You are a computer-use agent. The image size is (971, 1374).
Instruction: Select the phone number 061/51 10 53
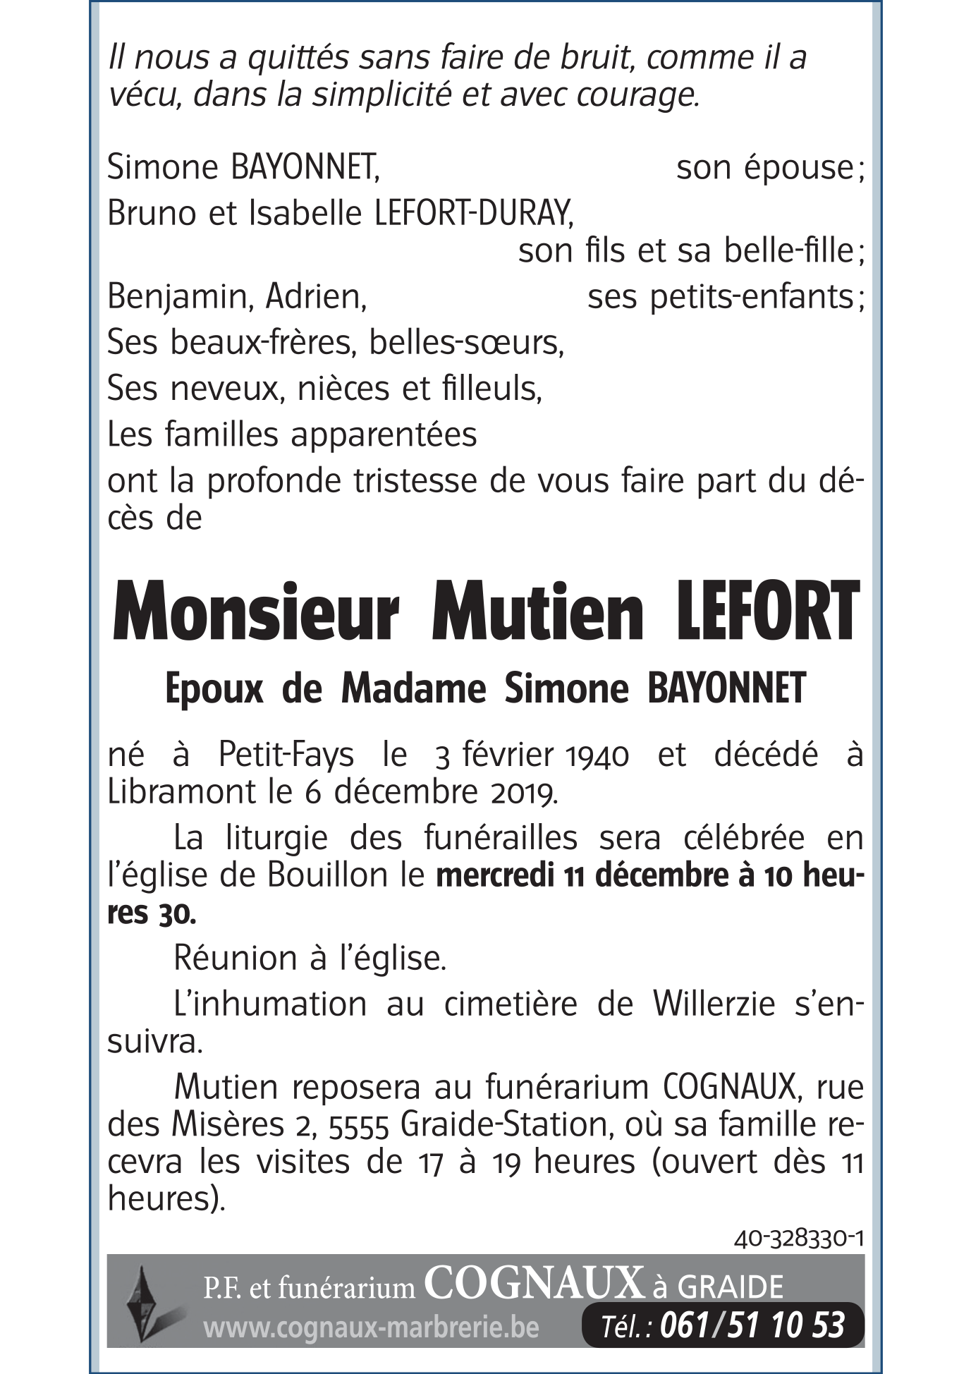(752, 1325)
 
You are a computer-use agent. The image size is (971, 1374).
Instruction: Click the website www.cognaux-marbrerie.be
(371, 1328)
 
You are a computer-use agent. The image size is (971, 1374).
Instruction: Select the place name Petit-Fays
(286, 755)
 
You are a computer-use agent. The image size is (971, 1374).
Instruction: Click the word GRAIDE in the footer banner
(730, 1287)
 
